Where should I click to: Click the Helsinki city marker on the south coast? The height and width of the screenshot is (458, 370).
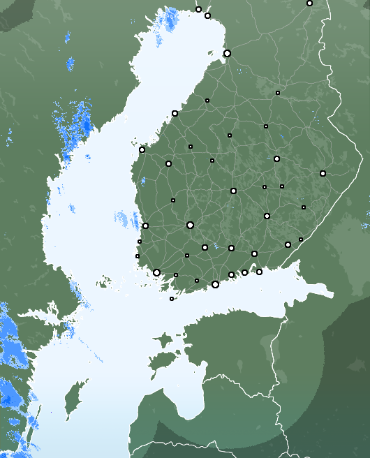[215, 284]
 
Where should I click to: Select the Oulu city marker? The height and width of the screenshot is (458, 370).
[227, 53]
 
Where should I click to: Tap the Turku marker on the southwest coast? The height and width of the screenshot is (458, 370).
[156, 272]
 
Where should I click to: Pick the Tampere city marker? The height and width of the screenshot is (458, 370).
[190, 225]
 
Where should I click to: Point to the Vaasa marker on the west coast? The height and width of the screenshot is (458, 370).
[142, 149]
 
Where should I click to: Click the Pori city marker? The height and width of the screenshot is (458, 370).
[145, 226]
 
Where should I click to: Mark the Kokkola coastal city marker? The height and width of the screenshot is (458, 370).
[175, 113]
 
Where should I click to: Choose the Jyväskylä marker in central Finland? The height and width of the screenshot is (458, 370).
[233, 191]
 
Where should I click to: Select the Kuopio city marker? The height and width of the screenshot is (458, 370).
[276, 158]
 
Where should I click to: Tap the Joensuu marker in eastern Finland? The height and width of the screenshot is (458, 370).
[323, 173]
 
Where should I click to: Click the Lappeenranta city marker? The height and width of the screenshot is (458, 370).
[288, 244]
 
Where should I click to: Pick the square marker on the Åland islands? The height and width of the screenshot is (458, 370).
[172, 299]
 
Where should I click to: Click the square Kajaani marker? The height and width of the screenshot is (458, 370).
[278, 92]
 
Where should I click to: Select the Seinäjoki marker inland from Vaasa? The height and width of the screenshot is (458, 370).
[168, 163]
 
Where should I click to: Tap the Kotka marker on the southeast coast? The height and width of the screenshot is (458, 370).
[259, 272]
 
